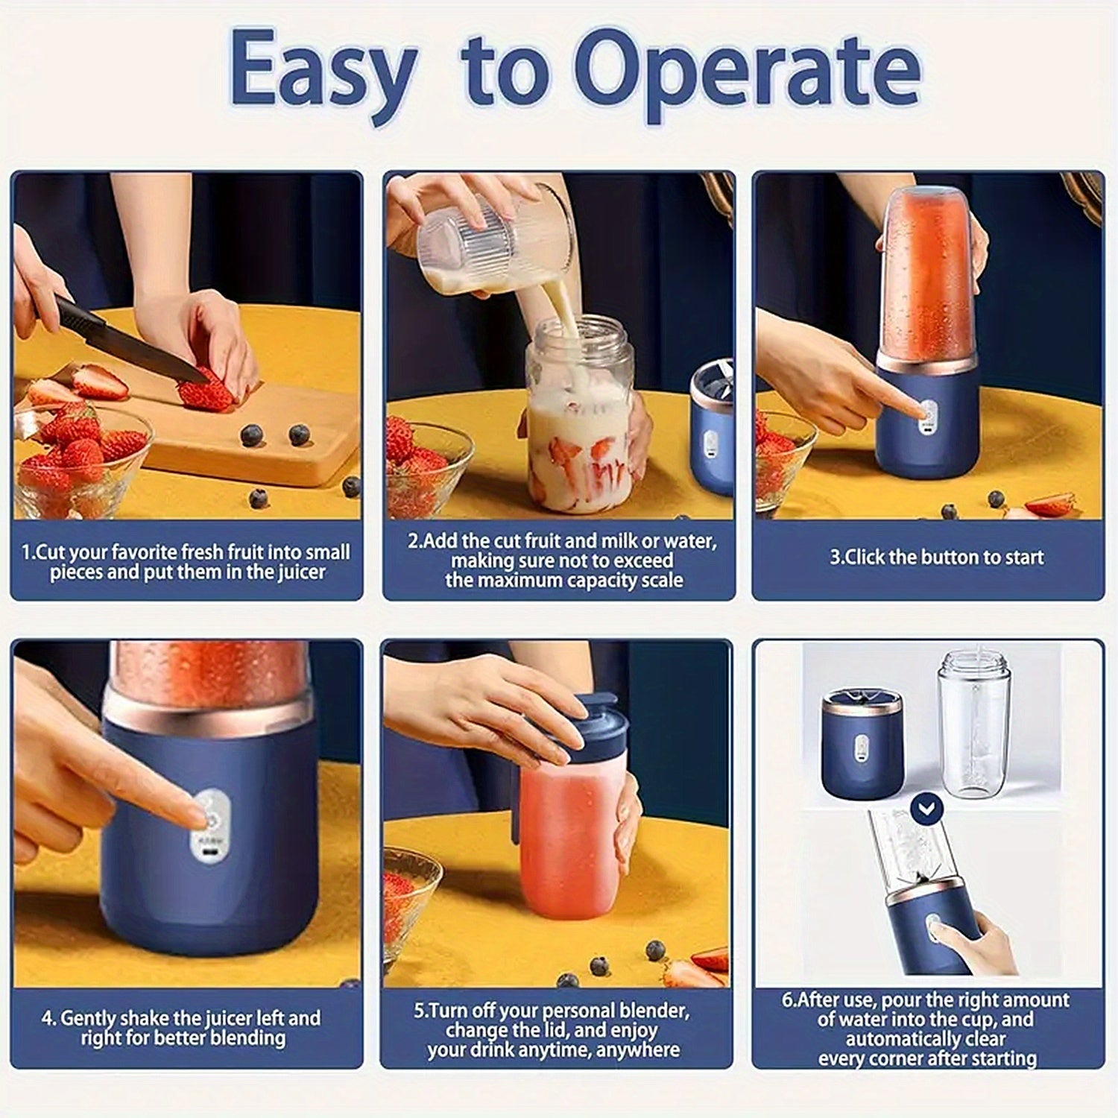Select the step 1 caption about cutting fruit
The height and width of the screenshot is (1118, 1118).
point(186,562)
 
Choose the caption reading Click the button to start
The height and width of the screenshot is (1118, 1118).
point(937,558)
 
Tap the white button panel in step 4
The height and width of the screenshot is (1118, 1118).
point(210,827)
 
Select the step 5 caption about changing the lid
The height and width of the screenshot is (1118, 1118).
point(553,1030)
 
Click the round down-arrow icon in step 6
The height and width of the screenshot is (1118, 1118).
point(927,809)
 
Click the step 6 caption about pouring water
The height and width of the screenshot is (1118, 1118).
point(926,1029)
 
